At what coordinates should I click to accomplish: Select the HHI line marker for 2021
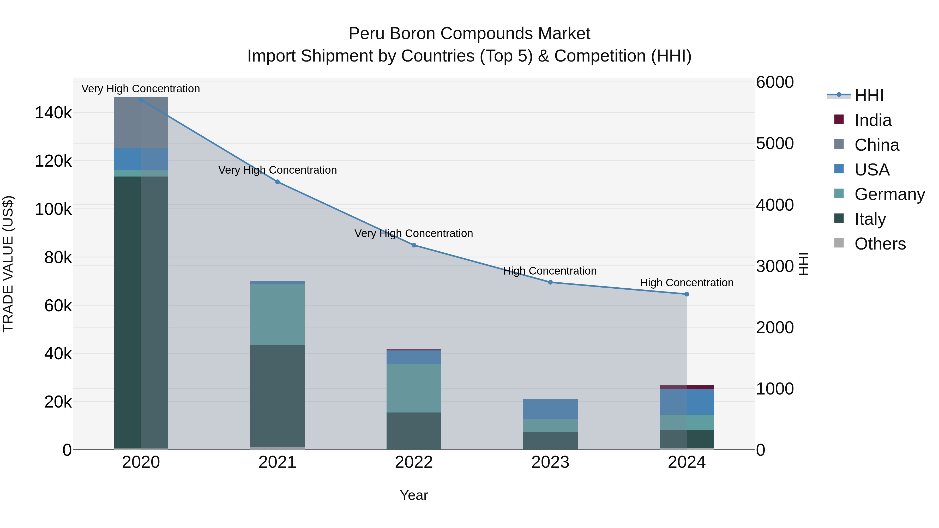278,182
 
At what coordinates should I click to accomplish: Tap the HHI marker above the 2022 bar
414,245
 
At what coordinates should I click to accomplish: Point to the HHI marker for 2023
550,282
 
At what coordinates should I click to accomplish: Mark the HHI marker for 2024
687,294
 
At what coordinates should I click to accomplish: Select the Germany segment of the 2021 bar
278,314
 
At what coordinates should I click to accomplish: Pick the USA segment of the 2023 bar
550,409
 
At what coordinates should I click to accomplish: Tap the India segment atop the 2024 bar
687,387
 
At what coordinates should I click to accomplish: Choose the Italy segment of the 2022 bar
414,431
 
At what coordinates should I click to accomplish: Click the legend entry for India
873,120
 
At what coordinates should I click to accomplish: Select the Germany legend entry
889,194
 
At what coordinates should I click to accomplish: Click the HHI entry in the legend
869,95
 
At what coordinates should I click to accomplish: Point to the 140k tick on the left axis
53,113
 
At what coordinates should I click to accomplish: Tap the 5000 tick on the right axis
775,144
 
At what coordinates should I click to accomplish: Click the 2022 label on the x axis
414,462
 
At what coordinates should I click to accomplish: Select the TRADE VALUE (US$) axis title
8,264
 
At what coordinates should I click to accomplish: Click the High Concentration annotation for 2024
687,282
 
